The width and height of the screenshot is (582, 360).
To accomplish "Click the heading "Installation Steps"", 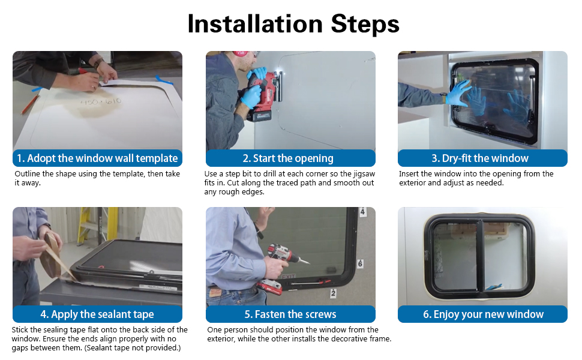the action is click(x=293, y=24).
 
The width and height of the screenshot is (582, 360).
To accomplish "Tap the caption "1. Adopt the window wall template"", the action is click(x=97, y=158).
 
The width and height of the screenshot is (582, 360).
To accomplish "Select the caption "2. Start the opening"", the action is click(x=288, y=158).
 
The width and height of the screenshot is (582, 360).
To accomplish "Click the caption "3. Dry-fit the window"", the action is click(x=480, y=158).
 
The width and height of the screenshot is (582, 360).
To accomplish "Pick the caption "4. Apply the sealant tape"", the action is click(x=97, y=314).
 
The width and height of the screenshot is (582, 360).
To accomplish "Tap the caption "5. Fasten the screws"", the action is click(x=290, y=314).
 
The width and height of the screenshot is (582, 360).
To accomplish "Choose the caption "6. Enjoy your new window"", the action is click(x=483, y=314).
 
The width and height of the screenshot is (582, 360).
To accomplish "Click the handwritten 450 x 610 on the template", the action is click(x=101, y=101).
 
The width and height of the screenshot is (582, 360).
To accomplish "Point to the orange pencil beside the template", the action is click(x=30, y=104).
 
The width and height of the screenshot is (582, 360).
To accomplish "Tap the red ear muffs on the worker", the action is click(x=241, y=53).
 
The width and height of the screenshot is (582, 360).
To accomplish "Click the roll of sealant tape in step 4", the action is click(x=51, y=256).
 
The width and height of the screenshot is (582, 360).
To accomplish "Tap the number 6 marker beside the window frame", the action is click(x=360, y=263).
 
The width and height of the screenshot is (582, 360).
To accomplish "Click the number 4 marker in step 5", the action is click(x=362, y=212).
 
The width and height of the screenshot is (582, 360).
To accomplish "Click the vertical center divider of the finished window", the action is click(x=480, y=256).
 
